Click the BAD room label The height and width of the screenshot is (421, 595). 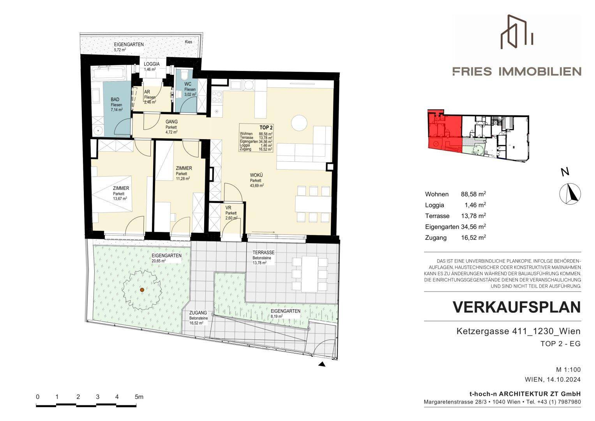pyautogui.click(x=115, y=99)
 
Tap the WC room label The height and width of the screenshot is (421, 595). pyautogui.click(x=188, y=84)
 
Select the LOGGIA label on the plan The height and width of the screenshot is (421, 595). pyautogui.click(x=152, y=64)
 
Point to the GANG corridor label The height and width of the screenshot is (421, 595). pyautogui.click(x=171, y=122)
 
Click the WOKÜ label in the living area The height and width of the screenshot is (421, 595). pyautogui.click(x=256, y=175)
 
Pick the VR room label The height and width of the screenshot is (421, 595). pyautogui.click(x=228, y=208)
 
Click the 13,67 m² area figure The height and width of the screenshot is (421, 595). pyautogui.click(x=120, y=198)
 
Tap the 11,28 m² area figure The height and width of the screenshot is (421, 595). pyautogui.click(x=183, y=179)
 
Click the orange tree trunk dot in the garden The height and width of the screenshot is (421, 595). pyautogui.click(x=142, y=290)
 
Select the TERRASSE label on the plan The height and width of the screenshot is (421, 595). pyautogui.click(x=263, y=253)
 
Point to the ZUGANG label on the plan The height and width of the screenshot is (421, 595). pyautogui.click(x=198, y=313)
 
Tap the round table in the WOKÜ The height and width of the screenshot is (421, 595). pyautogui.click(x=299, y=122)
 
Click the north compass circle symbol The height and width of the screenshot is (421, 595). pyautogui.click(x=570, y=194)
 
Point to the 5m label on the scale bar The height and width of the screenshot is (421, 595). pyautogui.click(x=139, y=397)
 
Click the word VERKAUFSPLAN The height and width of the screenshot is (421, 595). pyautogui.click(x=517, y=308)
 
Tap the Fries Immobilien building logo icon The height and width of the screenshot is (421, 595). pyautogui.click(x=517, y=32)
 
